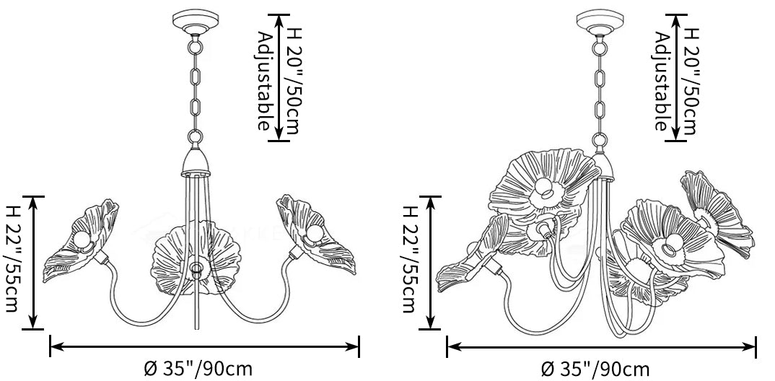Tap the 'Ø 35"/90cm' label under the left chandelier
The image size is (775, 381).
click(198, 369)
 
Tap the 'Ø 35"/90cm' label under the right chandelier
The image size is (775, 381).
click(595, 369)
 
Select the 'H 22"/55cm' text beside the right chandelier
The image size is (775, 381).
click(410, 259)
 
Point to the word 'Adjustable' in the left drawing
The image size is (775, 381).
click(266, 81)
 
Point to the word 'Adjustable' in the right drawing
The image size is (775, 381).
click(662, 81)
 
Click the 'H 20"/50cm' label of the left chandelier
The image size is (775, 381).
click(291, 81)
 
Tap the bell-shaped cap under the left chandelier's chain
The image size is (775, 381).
click(196, 162)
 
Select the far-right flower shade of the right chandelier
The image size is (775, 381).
click(718, 212)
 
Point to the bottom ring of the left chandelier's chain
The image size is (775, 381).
click(196, 136)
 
